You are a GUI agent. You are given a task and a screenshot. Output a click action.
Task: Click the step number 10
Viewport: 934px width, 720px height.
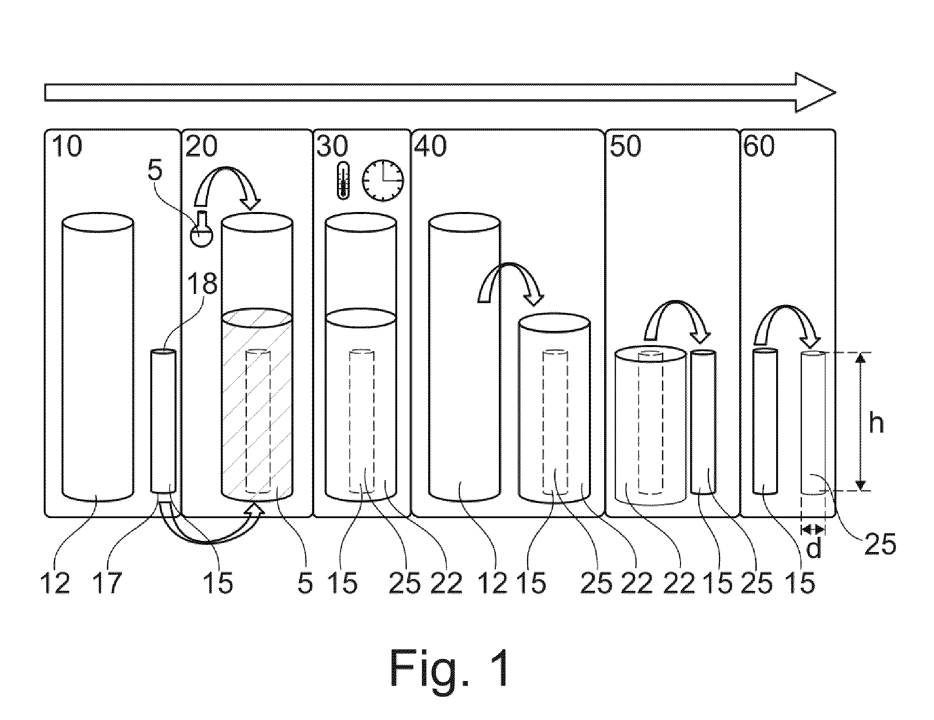(66, 147)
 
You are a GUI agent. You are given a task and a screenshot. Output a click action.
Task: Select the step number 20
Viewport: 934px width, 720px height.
(201, 147)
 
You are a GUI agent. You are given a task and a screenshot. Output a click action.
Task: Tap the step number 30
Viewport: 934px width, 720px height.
(332, 147)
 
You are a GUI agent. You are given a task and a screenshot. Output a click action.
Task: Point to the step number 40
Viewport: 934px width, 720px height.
(431, 147)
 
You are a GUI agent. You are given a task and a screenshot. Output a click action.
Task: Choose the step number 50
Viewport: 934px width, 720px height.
(626, 147)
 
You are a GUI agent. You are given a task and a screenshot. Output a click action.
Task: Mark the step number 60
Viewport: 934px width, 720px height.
(759, 147)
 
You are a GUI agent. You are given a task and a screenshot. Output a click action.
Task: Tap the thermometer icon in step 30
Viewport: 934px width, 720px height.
(343, 181)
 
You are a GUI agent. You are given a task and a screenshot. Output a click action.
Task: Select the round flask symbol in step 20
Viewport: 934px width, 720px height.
(201, 230)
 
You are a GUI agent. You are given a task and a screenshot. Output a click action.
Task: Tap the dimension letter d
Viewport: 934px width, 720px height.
(814, 548)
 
